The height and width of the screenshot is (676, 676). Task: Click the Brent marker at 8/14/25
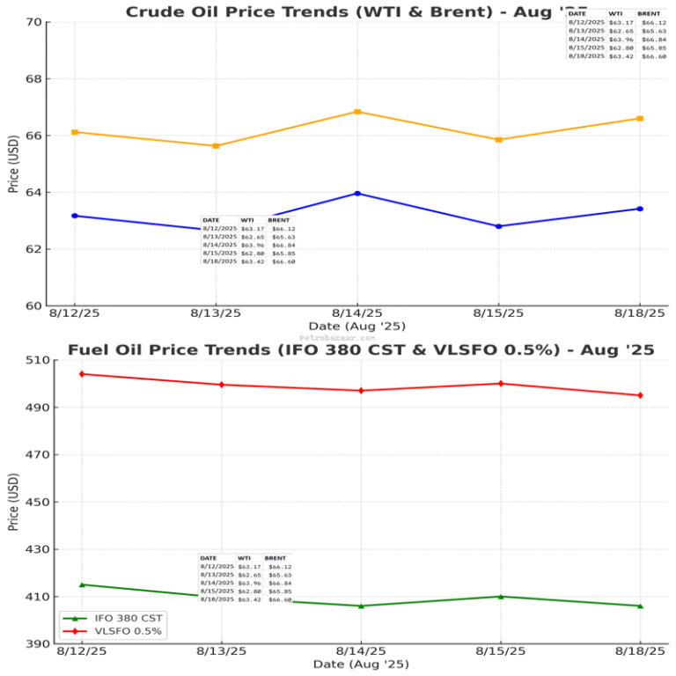coord(357,112)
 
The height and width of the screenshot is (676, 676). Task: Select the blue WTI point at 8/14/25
coord(357,194)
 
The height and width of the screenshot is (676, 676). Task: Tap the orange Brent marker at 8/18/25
coord(640,119)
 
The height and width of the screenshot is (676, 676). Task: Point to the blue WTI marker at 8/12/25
coord(75,216)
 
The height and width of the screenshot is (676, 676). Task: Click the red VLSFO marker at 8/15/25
coord(501,384)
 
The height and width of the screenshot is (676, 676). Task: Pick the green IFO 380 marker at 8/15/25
coord(501,597)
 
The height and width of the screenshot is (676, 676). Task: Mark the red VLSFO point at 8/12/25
coord(82,374)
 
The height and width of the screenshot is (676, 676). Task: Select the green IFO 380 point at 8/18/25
coord(640,606)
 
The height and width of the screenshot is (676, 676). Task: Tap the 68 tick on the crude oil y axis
coord(34,79)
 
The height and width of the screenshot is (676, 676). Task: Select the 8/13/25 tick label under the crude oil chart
coord(216,313)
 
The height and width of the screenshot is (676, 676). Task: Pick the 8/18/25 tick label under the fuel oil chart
coord(640,651)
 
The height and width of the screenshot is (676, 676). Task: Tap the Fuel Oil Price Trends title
coord(361,350)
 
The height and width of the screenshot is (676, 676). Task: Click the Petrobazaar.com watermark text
coord(337,337)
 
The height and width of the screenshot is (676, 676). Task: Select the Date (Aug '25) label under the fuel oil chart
coord(361,664)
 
